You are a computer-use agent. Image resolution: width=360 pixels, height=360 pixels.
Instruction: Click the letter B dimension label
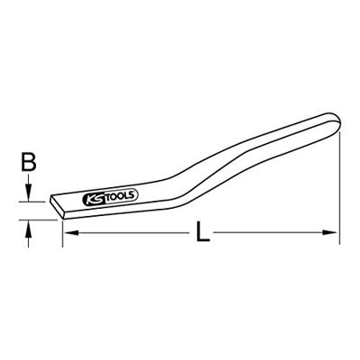(x=29, y=162)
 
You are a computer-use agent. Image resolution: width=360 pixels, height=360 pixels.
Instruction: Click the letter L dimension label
(x=202, y=231)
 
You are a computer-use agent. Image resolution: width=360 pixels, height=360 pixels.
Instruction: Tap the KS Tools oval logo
(x=110, y=197)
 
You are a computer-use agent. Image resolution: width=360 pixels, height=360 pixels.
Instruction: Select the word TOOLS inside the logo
(x=120, y=195)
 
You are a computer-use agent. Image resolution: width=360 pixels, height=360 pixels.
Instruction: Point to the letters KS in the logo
(x=94, y=199)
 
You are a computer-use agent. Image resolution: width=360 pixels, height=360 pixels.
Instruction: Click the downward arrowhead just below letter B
(x=28, y=193)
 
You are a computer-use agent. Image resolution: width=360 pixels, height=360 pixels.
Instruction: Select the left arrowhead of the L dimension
(x=70, y=232)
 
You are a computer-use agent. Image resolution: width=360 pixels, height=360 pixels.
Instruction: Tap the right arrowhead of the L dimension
(x=330, y=232)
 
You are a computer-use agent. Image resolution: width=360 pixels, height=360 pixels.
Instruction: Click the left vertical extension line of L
(x=62, y=233)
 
